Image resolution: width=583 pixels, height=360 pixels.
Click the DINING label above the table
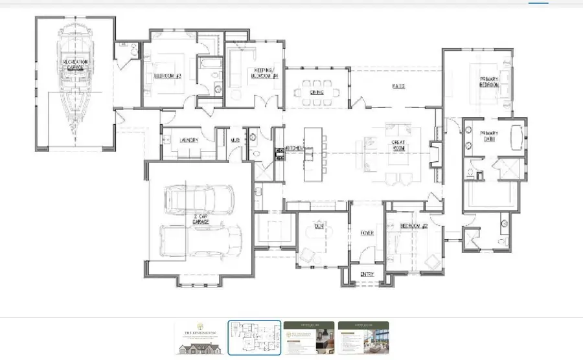[x=317, y=93]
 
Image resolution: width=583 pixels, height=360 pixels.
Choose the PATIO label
[x=398, y=86]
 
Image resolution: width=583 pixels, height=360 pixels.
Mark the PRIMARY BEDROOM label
[x=488, y=82]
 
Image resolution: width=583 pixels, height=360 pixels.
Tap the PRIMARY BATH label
[x=488, y=137]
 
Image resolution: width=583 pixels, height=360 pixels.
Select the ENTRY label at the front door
[x=367, y=275]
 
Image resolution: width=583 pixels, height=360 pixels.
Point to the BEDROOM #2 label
[x=413, y=226]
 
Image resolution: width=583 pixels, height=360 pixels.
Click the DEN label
[x=319, y=225]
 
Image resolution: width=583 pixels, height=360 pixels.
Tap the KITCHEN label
[x=295, y=149]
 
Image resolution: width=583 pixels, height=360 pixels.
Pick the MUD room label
[x=236, y=140]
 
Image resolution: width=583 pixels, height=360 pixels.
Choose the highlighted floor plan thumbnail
[x=255, y=338]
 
